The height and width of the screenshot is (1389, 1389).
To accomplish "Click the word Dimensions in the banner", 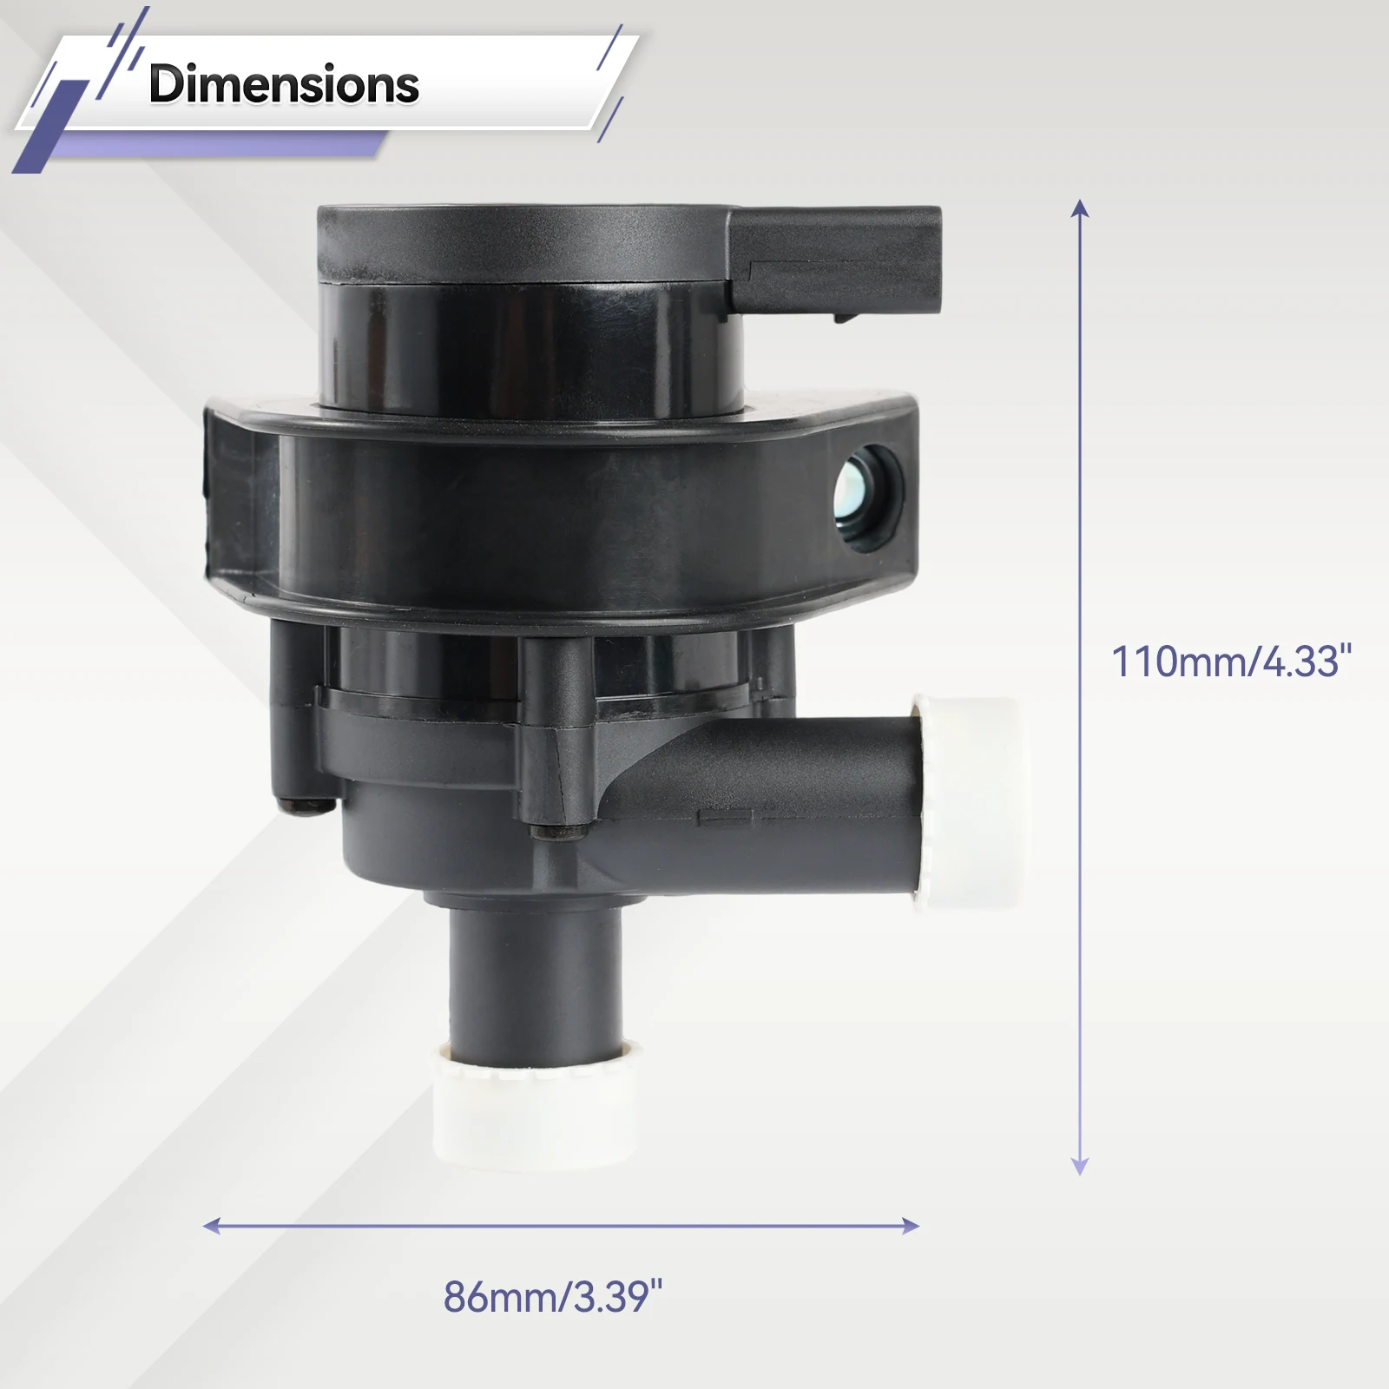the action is [284, 84].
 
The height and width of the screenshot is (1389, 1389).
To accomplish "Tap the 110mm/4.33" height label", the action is [1232, 662].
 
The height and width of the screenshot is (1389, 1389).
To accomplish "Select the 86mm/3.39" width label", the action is [553, 1297].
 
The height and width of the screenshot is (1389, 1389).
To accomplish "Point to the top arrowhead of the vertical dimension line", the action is [1080, 207].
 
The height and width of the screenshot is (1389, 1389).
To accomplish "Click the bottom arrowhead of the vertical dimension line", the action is [1080, 1167].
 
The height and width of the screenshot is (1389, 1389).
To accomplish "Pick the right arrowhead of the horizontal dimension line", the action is [911, 1226].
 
